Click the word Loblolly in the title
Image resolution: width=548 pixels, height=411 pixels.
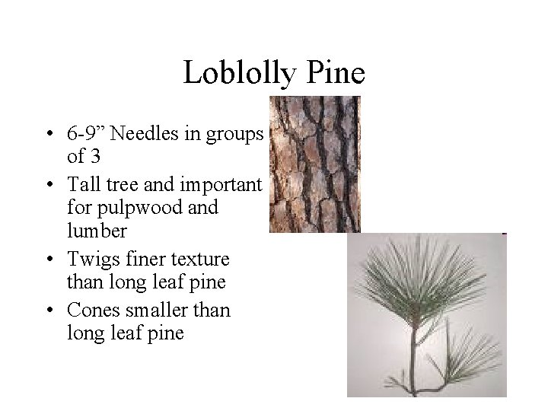[x=237, y=73]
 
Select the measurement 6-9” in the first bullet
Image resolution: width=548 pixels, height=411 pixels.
[x=87, y=135]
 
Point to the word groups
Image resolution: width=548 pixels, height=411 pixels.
[x=232, y=135]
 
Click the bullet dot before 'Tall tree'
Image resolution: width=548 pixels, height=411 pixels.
[x=49, y=185]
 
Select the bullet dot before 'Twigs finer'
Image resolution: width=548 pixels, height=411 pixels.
[x=49, y=260]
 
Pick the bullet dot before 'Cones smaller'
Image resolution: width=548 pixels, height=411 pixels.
[x=49, y=310]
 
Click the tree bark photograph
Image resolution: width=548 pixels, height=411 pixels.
[x=314, y=164]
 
